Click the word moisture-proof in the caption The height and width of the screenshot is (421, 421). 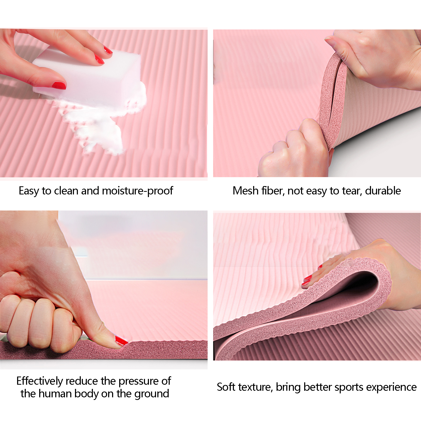coord(137,191)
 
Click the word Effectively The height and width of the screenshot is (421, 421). coord(40,381)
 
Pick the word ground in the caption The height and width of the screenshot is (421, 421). coord(152,394)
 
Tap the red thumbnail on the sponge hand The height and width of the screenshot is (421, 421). coord(59,85)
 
